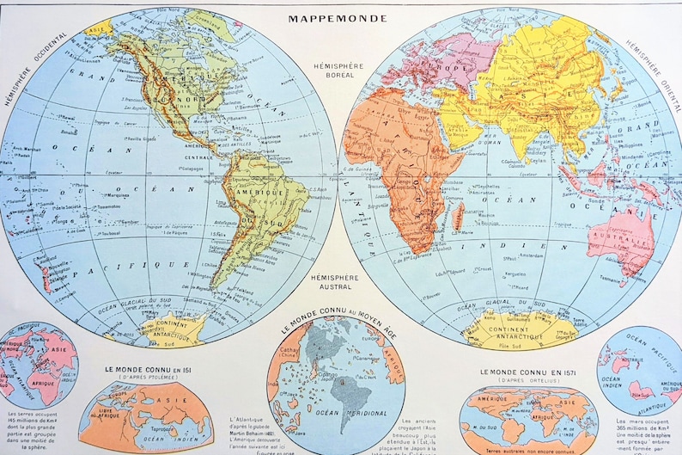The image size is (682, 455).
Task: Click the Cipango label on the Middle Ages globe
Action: (306, 375)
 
